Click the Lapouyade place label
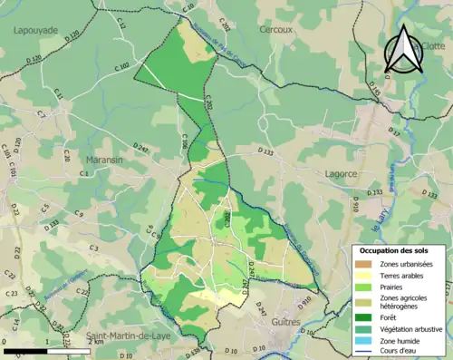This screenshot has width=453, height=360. click(34, 30)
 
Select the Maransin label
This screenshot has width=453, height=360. click(103, 158)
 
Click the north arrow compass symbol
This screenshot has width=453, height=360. click(404, 49)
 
